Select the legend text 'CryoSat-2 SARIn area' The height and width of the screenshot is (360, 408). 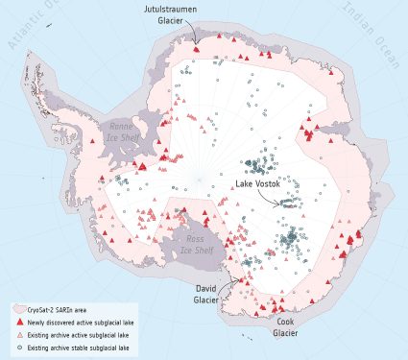tap(63, 309)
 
